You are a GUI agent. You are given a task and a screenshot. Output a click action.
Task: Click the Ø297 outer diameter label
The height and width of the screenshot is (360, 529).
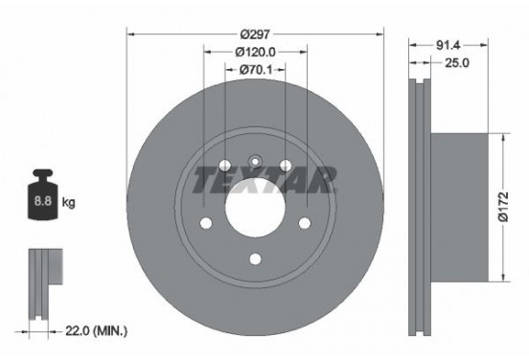255,33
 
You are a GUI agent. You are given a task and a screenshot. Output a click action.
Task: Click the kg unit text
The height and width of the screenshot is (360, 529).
69,203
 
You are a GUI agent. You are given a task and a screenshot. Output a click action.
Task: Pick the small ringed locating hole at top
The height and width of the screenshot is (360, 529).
255,161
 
